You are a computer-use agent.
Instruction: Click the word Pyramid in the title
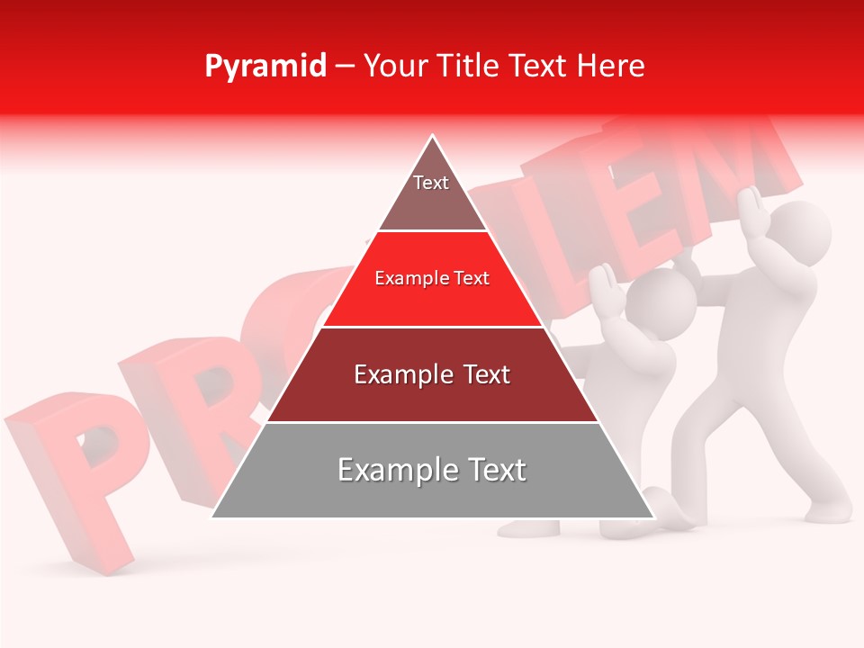pyautogui.click(x=265, y=67)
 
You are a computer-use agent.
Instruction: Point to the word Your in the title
pyautogui.click(x=394, y=67)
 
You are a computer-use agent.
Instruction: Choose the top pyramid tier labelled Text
pyautogui.click(x=432, y=193)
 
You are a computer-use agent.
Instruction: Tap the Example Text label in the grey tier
pyautogui.click(x=432, y=470)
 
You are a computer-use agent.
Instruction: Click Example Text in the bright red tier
pyautogui.click(x=432, y=279)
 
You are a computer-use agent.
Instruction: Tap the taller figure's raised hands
pyautogui.click(x=756, y=211)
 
